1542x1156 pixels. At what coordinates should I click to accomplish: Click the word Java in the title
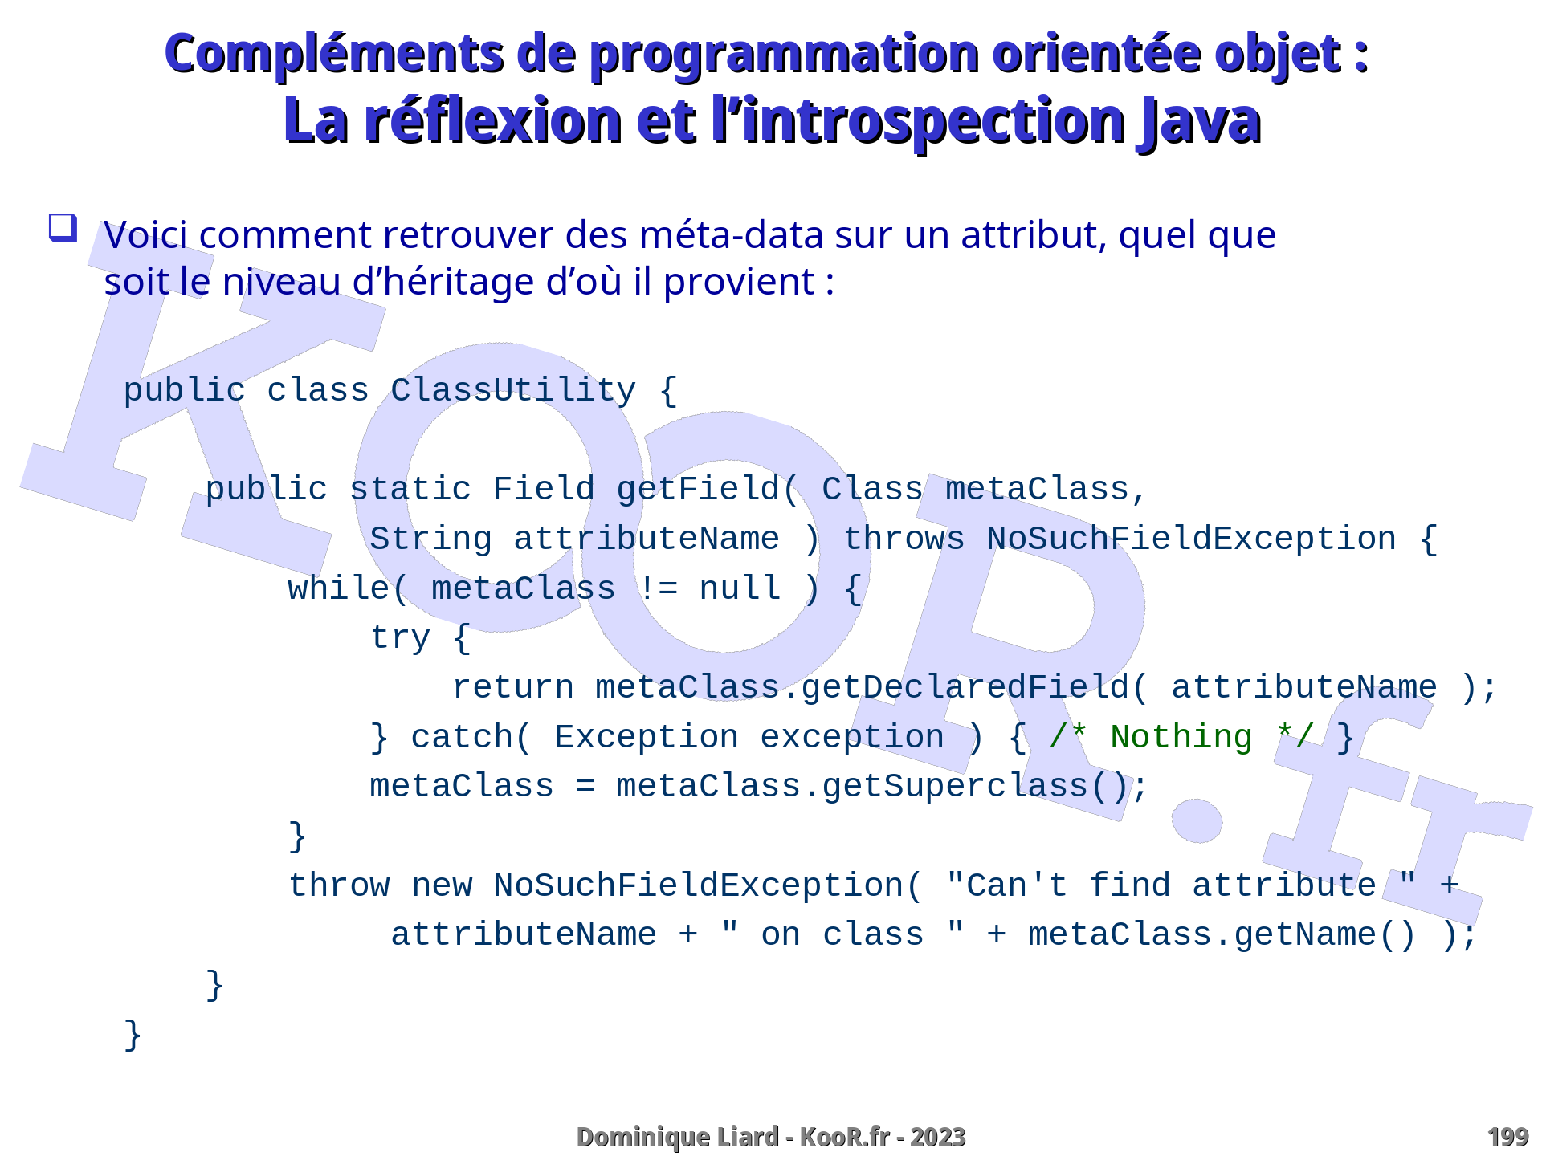pos(1198,121)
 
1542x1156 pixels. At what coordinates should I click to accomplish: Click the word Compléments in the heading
pos(334,55)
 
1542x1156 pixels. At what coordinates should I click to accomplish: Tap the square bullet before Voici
pos(63,227)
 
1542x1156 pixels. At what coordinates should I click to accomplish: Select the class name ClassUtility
pos(513,391)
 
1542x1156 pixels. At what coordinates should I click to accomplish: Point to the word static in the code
pos(410,489)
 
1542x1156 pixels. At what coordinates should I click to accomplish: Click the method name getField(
pos(708,489)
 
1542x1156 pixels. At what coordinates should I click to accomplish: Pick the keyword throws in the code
pos(904,539)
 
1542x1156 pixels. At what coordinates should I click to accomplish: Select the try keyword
pos(400,639)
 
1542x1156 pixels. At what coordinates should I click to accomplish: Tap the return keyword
pos(513,688)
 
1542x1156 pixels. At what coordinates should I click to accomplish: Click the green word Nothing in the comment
pos(1181,737)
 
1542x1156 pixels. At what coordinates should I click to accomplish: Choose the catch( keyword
pos(471,737)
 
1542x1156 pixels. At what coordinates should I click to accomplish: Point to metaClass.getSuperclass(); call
pos(882,787)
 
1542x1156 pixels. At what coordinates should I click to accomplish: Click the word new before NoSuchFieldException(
pos(441,885)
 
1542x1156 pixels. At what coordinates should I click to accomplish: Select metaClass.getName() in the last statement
pos(1222,935)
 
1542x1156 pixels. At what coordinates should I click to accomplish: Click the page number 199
pos(1507,1138)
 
